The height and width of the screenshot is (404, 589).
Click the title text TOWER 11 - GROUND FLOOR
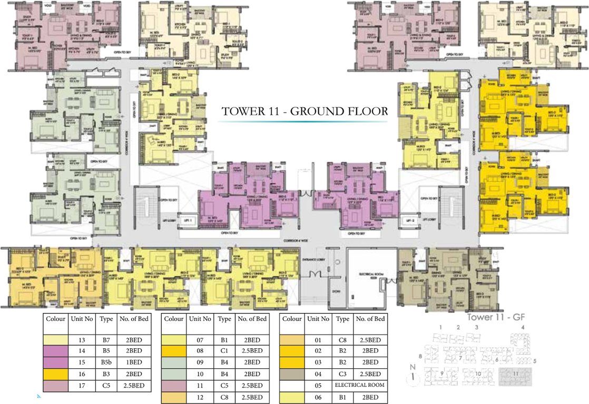[305, 112]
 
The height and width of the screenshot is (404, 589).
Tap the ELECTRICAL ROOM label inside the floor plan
[369, 275]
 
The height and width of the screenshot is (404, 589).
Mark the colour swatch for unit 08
[174, 350]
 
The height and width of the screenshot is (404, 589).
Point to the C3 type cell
[342, 374]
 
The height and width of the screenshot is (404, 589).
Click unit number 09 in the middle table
[200, 362]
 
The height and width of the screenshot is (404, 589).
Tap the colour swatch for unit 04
[292, 374]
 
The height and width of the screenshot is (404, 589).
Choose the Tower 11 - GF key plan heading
[498, 318]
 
